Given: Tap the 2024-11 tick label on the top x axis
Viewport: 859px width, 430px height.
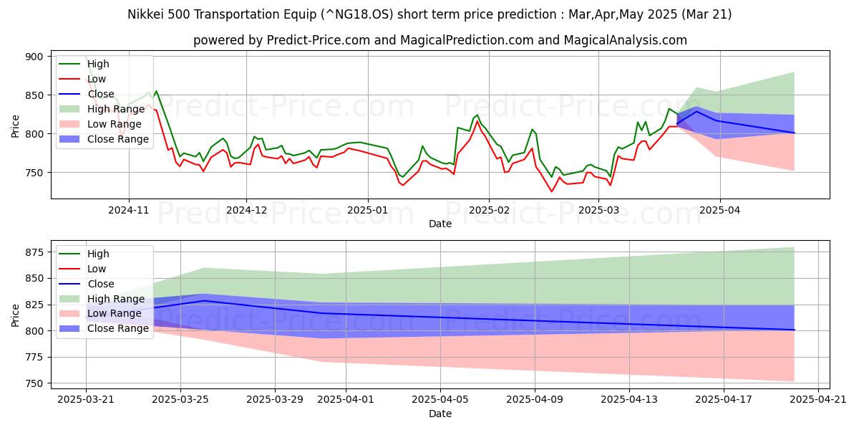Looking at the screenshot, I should [x=129, y=210].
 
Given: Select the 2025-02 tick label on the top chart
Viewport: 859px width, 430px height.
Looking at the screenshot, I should [x=489, y=210].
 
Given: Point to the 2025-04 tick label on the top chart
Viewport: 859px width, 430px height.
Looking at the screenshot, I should [x=720, y=210].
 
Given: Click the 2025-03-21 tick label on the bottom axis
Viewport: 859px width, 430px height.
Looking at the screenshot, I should [x=86, y=400].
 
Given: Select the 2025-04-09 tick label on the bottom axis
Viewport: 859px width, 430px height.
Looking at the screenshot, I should [x=535, y=400].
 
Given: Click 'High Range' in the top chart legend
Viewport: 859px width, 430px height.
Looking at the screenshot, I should [x=109, y=109].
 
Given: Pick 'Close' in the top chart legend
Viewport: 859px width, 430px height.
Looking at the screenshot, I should [x=100, y=94].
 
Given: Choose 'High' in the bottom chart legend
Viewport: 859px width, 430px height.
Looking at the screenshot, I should [x=98, y=254].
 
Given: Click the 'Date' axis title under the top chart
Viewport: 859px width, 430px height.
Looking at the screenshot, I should [x=440, y=224].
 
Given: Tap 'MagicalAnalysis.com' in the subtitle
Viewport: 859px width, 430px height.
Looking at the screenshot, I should [x=625, y=40].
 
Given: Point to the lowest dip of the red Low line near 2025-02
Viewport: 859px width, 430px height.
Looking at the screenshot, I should [x=551, y=191].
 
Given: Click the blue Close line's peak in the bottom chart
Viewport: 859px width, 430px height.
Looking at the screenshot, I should [x=204, y=301].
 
